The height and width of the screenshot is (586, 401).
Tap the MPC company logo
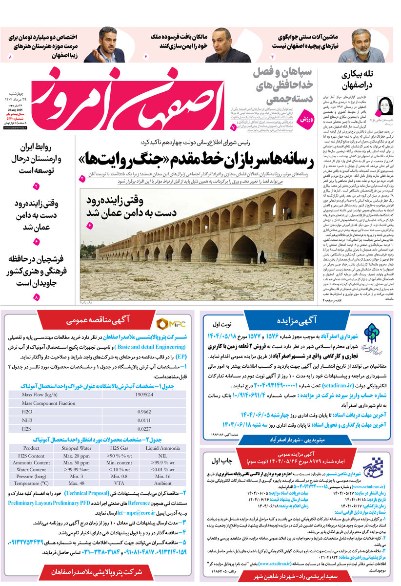[x=168, y=324]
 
